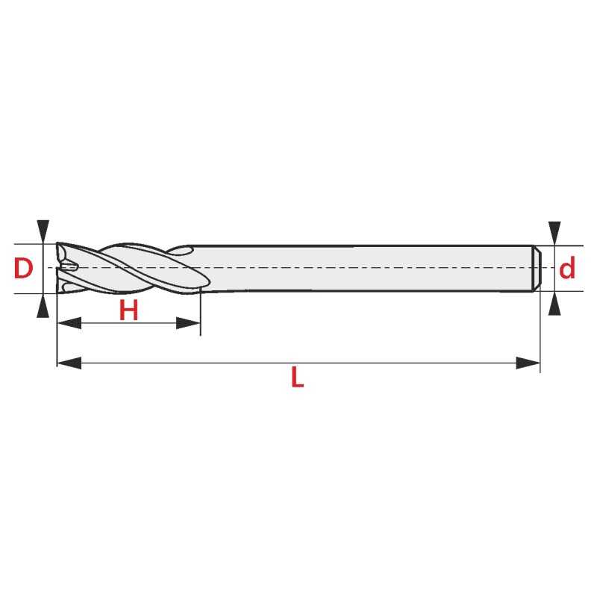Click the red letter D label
(23, 268)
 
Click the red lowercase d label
(567, 268)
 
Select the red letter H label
(128, 310)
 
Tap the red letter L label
(297, 377)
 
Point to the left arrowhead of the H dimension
(69, 323)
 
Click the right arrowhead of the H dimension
(188, 323)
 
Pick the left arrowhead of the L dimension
(69, 363)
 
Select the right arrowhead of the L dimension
(528, 363)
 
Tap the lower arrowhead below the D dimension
(43, 306)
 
